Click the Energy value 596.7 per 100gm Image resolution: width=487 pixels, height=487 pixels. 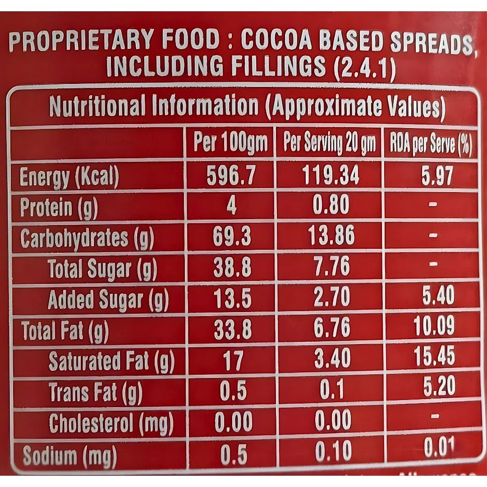pos(231,176)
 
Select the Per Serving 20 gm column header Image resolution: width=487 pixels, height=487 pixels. pos(329,144)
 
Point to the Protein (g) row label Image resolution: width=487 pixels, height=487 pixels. pos(59,208)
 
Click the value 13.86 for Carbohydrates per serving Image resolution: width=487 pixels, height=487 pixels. pos(331,236)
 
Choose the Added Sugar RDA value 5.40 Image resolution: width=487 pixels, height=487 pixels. pos(438,296)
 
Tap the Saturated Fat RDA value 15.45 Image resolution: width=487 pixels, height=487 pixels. pos(434,357)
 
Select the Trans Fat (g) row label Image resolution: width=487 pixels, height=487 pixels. pos(95,392)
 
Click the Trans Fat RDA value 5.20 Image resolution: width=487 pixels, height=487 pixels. pos(439,387)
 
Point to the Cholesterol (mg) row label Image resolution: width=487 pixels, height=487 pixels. pos(110,423)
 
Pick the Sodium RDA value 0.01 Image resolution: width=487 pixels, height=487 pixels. pos(439,448)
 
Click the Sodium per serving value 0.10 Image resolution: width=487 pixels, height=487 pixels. pos(332,452)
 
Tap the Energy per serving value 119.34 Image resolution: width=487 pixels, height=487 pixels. pos(331,175)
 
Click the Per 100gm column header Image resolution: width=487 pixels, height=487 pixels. pos(230,143)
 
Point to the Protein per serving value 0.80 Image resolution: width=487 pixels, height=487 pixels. pos(331,206)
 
